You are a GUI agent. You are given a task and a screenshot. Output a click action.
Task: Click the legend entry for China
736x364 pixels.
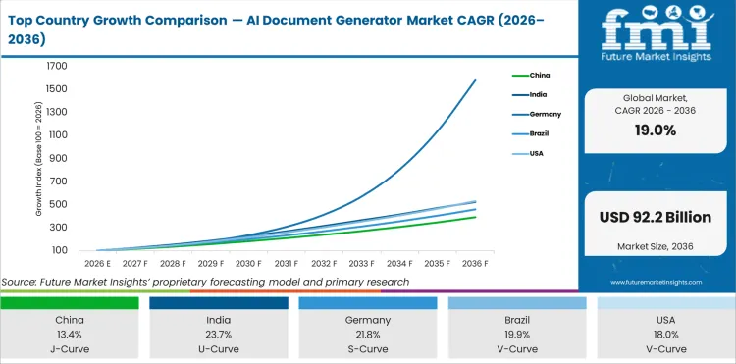(x=539, y=75)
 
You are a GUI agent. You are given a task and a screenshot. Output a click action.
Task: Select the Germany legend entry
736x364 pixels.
(x=543, y=114)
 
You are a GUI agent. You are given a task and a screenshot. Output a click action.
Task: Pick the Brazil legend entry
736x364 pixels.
(x=539, y=133)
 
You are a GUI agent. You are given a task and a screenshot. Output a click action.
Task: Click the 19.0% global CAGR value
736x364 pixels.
(x=656, y=130)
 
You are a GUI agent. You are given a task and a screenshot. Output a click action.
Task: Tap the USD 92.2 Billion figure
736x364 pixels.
(x=656, y=215)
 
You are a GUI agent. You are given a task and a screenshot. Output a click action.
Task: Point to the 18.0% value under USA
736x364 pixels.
(x=665, y=333)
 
